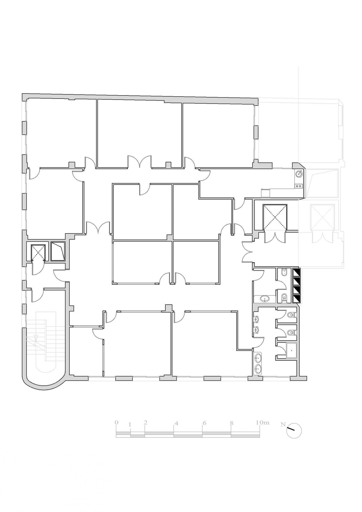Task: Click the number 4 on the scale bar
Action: pyautogui.click(x=176, y=423)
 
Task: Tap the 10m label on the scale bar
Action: pyautogui.click(x=262, y=422)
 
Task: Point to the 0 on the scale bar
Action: pyautogui.click(x=116, y=422)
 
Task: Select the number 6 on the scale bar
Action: pyautogui.click(x=204, y=423)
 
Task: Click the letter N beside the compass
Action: pyautogui.click(x=283, y=424)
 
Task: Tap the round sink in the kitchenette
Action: pyautogui.click(x=299, y=174)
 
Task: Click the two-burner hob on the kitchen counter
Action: pyautogui.click(x=299, y=186)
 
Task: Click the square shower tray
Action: pyautogui.click(x=291, y=350)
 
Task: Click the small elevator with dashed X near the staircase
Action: pyautogui.click(x=38, y=253)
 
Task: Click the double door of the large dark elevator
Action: pyautogui.click(x=275, y=237)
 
